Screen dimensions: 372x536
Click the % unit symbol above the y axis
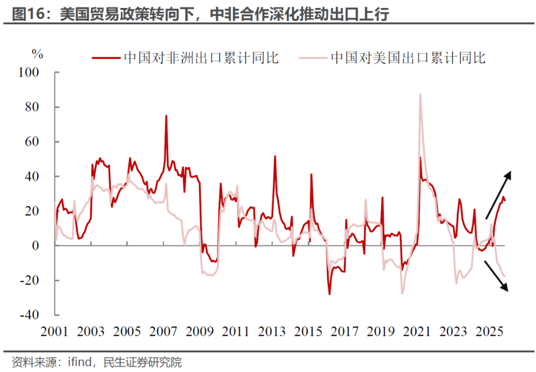[x=38, y=54]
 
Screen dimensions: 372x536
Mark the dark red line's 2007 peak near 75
[x=166, y=116]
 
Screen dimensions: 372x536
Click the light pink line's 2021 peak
[x=420, y=94]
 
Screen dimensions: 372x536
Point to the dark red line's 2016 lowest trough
[x=329, y=294]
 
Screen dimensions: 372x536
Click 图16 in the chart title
[x=26, y=14]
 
